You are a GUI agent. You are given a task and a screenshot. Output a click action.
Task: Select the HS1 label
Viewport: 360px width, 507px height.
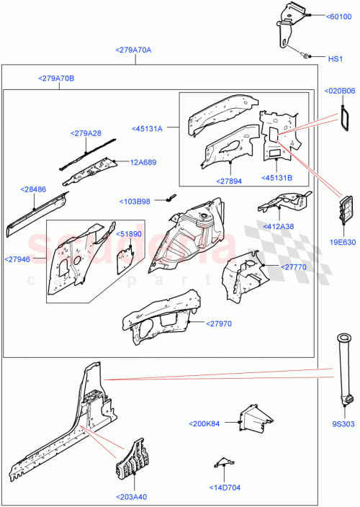click(336, 58)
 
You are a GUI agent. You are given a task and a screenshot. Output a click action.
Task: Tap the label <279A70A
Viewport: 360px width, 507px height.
click(133, 50)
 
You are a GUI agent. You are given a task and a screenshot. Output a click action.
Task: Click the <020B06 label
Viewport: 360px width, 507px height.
click(341, 91)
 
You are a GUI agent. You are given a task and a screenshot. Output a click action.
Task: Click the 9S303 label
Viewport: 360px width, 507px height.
click(344, 424)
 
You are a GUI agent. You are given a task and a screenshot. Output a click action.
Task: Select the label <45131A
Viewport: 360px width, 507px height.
click(148, 129)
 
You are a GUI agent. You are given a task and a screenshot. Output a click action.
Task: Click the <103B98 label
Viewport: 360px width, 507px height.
click(137, 202)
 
